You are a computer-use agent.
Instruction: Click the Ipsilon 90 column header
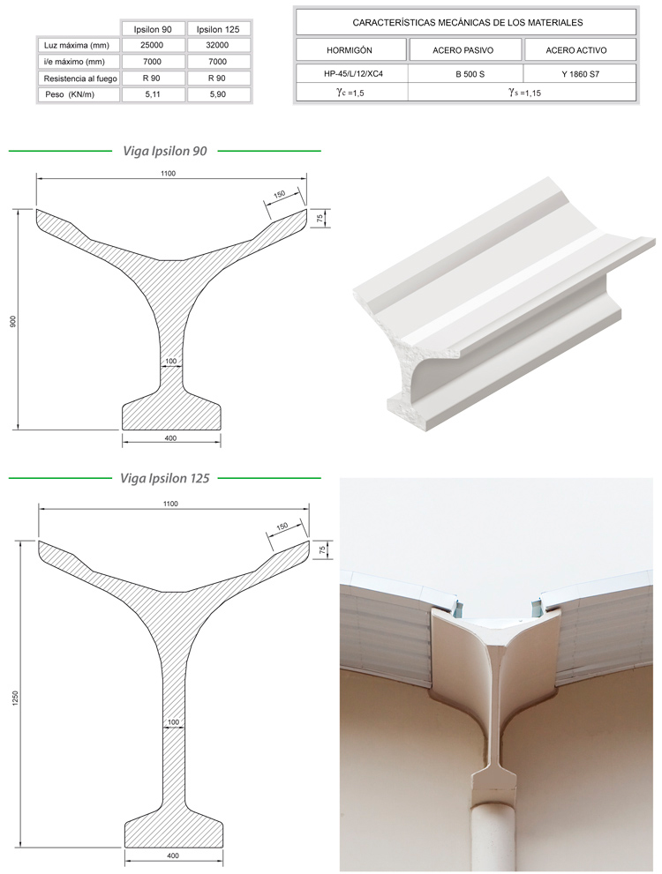click(152, 29)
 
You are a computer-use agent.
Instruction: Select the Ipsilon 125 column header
click(218, 29)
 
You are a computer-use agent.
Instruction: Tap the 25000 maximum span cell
click(152, 45)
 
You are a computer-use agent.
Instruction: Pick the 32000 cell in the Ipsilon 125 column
click(217, 45)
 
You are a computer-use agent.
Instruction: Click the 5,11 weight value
click(152, 94)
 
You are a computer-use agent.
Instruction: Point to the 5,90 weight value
click(217, 94)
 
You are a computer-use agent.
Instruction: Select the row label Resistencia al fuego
click(80, 78)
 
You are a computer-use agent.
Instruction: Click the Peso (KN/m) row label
click(70, 94)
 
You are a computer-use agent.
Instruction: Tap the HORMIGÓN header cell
click(350, 50)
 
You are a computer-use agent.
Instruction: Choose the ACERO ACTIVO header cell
click(576, 50)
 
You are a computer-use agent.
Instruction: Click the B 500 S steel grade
click(470, 73)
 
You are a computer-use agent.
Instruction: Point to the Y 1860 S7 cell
click(581, 73)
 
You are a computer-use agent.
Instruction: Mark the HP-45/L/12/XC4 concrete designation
click(354, 73)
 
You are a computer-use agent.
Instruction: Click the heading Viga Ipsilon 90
click(165, 151)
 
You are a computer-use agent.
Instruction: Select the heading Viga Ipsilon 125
click(165, 478)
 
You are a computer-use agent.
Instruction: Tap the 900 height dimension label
click(13, 321)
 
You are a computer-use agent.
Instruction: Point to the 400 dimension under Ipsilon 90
click(170, 438)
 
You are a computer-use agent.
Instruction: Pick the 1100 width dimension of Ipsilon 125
click(170, 504)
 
